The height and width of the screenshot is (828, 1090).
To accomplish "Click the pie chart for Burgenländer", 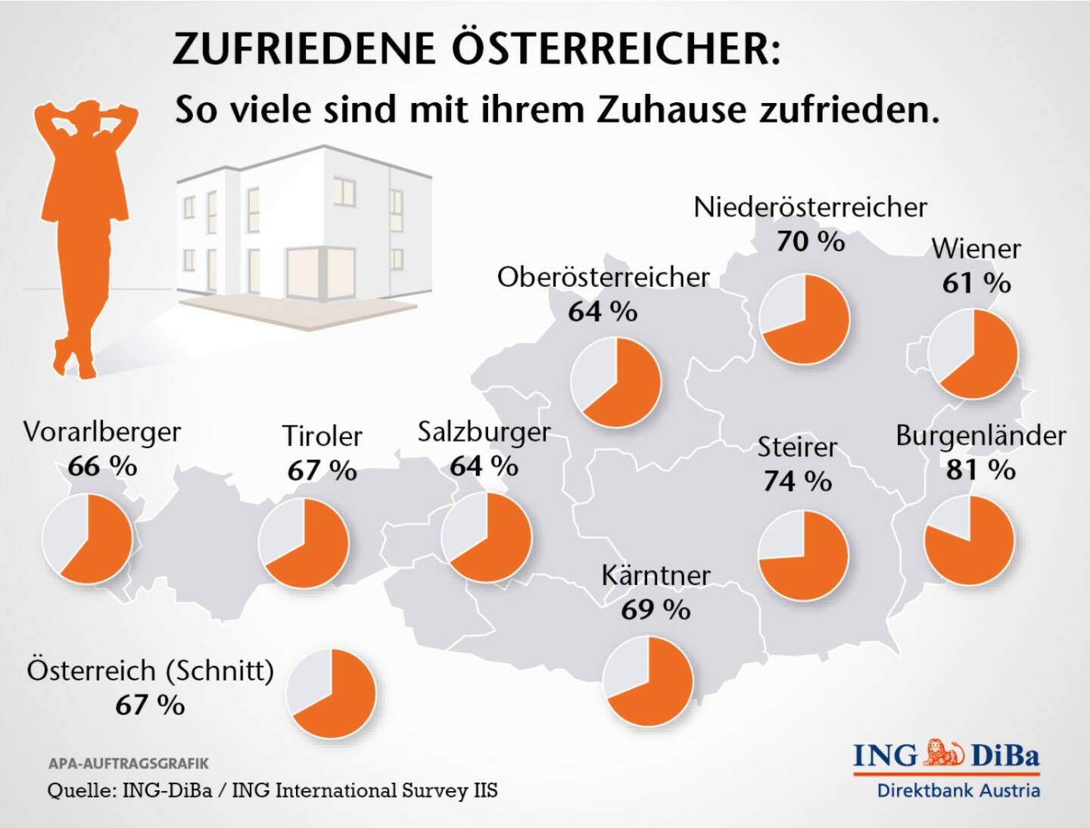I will [x=969, y=540].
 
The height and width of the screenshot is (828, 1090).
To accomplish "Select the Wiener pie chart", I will [x=973, y=353].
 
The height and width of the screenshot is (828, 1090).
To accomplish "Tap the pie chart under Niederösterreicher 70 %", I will [x=805, y=319].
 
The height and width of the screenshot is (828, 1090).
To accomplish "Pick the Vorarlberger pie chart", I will [x=87, y=539].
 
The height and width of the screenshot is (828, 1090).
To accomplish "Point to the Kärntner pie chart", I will [x=648, y=680].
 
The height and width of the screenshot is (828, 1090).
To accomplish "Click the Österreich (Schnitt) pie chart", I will [x=332, y=693].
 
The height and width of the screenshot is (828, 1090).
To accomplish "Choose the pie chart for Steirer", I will [x=803, y=556].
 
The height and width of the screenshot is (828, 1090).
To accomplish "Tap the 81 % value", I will [x=980, y=470].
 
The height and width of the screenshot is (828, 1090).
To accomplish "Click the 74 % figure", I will [x=797, y=481].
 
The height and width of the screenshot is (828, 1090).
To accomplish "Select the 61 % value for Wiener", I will [x=976, y=284].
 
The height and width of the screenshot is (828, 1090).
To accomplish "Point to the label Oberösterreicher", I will [x=603, y=278].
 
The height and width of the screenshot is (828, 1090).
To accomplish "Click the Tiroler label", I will [x=322, y=437].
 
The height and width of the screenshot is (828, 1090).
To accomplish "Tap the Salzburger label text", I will [x=484, y=432].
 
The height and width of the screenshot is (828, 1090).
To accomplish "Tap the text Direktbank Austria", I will [x=958, y=791].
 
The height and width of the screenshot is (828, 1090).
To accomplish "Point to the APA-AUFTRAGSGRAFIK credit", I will [x=129, y=764].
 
